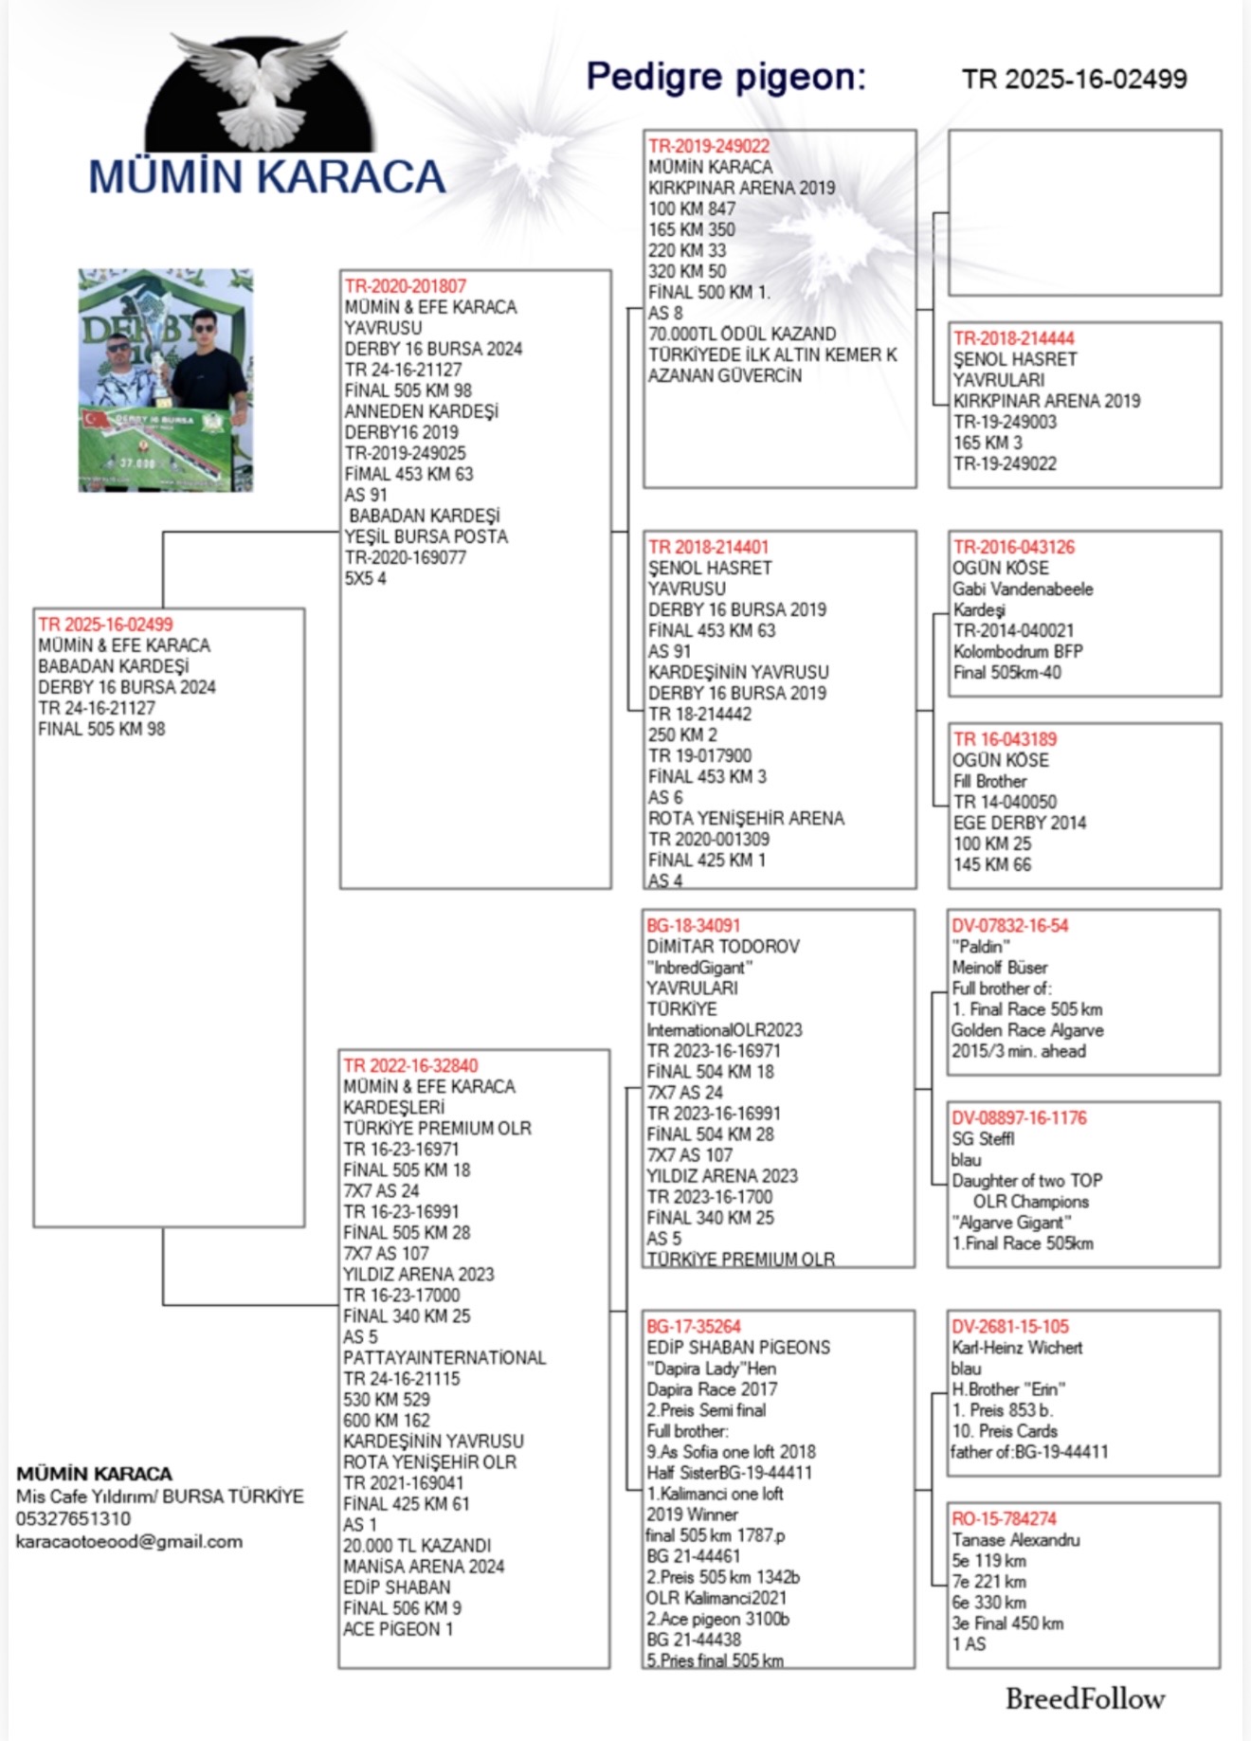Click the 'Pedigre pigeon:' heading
click(x=726, y=77)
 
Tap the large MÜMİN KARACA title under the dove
click(x=266, y=177)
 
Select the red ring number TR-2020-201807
click(x=406, y=286)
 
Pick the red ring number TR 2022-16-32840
click(x=410, y=1065)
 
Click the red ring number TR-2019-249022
click(x=708, y=146)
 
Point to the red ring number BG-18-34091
click(x=693, y=925)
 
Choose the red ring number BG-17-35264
click(x=693, y=1326)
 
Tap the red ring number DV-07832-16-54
click(x=1009, y=925)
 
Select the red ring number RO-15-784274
click(x=1004, y=1518)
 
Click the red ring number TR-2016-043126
click(x=1013, y=547)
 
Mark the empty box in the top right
click(x=1084, y=213)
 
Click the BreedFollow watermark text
click(x=1085, y=1698)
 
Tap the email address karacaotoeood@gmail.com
click(x=129, y=1541)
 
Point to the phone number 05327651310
click(x=73, y=1518)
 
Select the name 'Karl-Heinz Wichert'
click(x=1017, y=1347)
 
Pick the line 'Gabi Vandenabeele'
click(x=1023, y=589)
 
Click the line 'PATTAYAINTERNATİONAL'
click(x=444, y=1357)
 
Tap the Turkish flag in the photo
click(x=97, y=418)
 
